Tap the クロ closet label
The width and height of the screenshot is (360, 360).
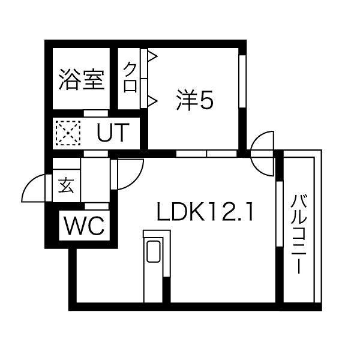click(x=130, y=77)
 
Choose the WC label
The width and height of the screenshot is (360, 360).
click(x=84, y=226)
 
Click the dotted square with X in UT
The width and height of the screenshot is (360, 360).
click(x=67, y=133)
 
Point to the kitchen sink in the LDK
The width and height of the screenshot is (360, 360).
click(x=152, y=253)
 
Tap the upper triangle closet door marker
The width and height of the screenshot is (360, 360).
click(x=152, y=58)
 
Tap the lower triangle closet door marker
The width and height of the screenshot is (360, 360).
click(x=152, y=100)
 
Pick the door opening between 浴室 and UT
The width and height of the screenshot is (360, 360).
click(x=95, y=112)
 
